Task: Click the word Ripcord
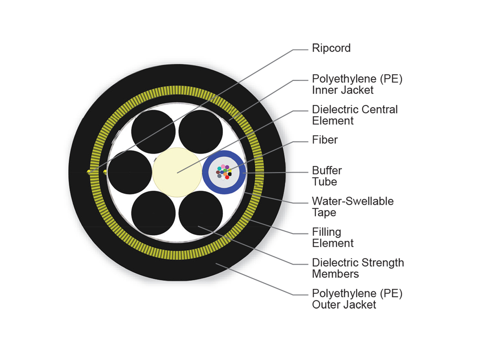point(331,48)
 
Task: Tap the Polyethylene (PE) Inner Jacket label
point(357,84)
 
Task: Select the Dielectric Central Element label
point(355,115)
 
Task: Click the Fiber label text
point(325,140)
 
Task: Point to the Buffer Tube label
point(327,176)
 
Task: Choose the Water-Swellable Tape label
point(352,206)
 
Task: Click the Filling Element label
point(333,237)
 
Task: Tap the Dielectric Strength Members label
point(358,268)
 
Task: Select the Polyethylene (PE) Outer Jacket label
point(357,299)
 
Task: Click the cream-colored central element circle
point(177,172)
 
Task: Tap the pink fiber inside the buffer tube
point(223,166)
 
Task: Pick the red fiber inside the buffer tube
point(227,177)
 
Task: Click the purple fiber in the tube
point(227,167)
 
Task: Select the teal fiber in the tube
point(219,169)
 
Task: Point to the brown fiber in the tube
point(218,172)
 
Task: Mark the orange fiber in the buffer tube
point(225,174)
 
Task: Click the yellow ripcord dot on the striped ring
point(89,172)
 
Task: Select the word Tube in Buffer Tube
point(324,182)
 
